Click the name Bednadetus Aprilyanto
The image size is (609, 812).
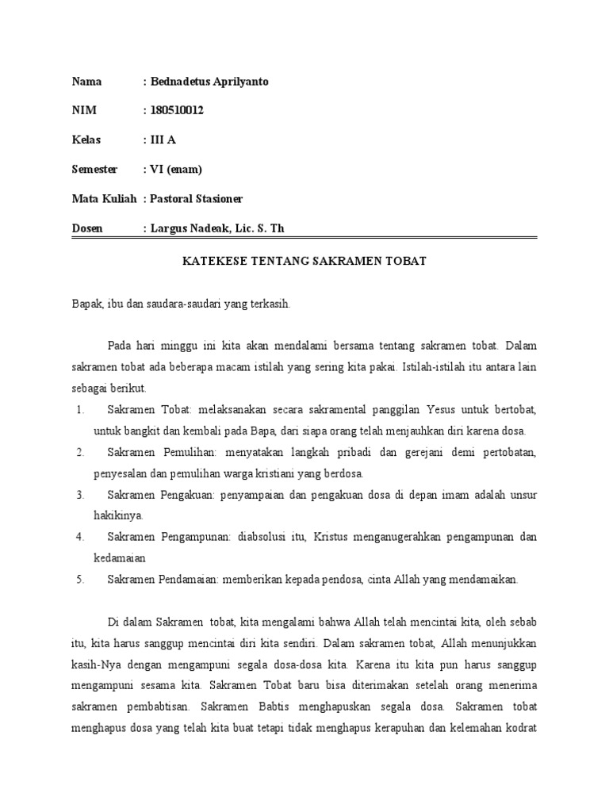pos(209,82)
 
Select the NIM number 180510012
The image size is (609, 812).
pos(176,111)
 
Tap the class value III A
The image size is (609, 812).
pos(164,140)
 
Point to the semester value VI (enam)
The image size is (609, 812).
pos(175,170)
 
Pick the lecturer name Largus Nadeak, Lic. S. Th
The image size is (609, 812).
pos(216,228)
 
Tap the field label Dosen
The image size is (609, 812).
pos(88,228)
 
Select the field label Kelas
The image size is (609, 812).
pos(87,140)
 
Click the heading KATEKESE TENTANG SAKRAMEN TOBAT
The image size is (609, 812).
pos(304,261)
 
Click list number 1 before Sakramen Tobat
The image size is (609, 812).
pos(80,409)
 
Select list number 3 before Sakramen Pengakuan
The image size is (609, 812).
pos(80,495)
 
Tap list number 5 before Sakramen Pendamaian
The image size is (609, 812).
pos(80,580)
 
